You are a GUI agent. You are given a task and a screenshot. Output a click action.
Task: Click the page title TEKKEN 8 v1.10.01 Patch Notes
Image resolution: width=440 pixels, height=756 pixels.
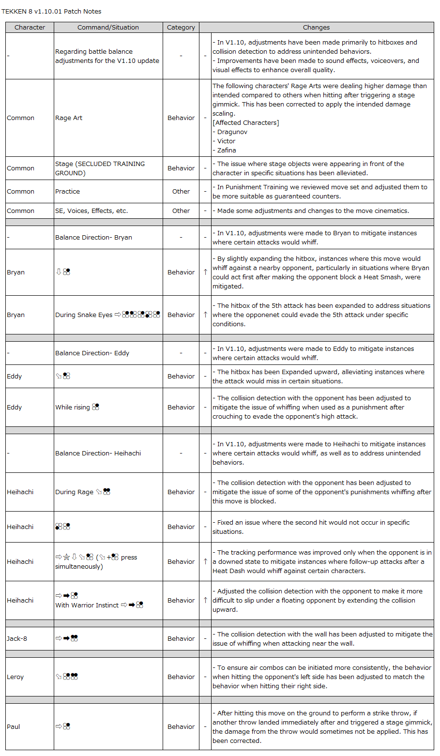coord(51,11)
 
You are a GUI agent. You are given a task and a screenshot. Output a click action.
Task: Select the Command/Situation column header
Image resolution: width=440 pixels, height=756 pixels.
coord(108,28)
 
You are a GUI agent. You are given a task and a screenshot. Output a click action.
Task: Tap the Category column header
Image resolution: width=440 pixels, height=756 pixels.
coord(181,28)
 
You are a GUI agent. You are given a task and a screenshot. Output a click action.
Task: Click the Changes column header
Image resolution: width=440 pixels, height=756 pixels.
coord(316,28)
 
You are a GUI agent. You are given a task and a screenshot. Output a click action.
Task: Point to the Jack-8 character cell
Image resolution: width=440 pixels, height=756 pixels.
coord(17,638)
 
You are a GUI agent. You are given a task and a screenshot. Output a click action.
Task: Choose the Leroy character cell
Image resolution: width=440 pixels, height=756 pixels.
coord(15,677)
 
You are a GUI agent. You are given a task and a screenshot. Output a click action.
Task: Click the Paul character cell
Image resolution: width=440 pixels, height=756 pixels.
coord(14,726)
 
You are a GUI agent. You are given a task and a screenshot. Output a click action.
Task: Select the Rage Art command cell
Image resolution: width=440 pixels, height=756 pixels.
coord(69,118)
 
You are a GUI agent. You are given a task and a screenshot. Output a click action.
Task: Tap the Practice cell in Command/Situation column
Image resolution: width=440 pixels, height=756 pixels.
coord(68,191)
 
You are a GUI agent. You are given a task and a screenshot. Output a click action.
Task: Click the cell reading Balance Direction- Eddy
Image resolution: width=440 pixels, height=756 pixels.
coord(92,353)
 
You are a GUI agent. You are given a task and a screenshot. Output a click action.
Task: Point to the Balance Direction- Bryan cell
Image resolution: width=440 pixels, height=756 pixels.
coord(94,237)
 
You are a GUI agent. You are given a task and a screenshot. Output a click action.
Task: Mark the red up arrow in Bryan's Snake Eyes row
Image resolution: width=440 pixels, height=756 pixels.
coord(205,315)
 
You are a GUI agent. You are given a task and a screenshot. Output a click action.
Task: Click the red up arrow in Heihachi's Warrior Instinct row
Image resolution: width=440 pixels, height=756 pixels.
coord(205,600)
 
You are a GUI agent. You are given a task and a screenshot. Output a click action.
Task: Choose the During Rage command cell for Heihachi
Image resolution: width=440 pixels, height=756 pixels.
coord(83,492)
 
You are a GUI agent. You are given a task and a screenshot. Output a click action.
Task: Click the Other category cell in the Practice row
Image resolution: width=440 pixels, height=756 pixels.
coord(181,191)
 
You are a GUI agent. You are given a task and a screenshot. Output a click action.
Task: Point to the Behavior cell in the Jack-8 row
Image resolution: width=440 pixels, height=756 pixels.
coord(181,638)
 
